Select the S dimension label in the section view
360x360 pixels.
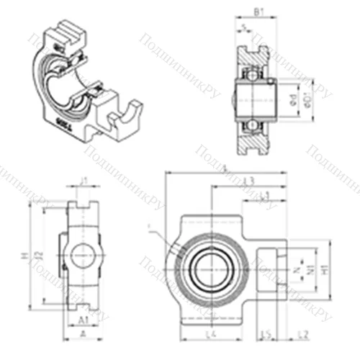246,27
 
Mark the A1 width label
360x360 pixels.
83,318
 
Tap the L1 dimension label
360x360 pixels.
264,195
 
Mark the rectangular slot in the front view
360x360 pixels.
265,269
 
